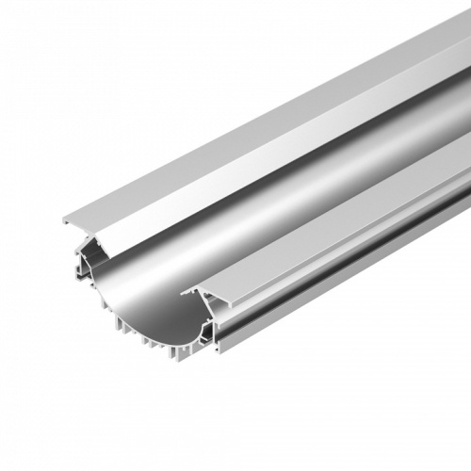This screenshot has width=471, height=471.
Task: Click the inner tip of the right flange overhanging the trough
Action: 184,291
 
